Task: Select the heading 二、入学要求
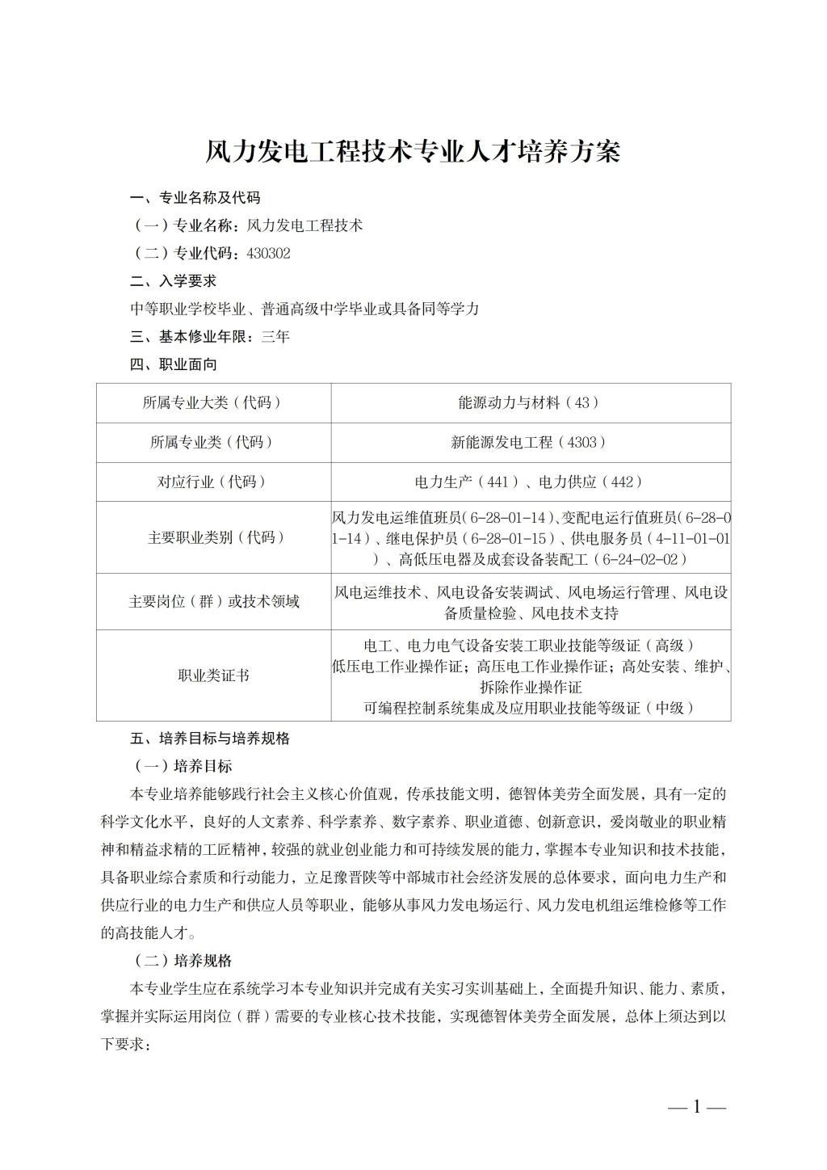click(x=173, y=281)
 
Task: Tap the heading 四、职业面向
click(x=173, y=364)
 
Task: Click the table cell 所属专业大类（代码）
click(x=212, y=402)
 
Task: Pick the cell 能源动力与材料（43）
click(x=530, y=402)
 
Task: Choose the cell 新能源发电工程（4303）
click(x=530, y=442)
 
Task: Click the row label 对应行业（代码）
click(x=212, y=482)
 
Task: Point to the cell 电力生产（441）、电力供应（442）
click(x=530, y=482)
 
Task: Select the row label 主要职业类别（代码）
click(x=212, y=537)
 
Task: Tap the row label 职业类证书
click(x=212, y=675)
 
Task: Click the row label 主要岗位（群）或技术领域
click(x=212, y=601)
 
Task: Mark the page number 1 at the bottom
click(x=697, y=1107)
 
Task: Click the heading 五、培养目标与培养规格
click(x=210, y=738)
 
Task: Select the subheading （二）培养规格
click(x=183, y=961)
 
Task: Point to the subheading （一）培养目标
click(x=183, y=765)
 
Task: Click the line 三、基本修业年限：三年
click(x=210, y=337)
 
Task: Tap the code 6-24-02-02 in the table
click(x=643, y=559)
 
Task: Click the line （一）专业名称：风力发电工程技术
click(x=247, y=225)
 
